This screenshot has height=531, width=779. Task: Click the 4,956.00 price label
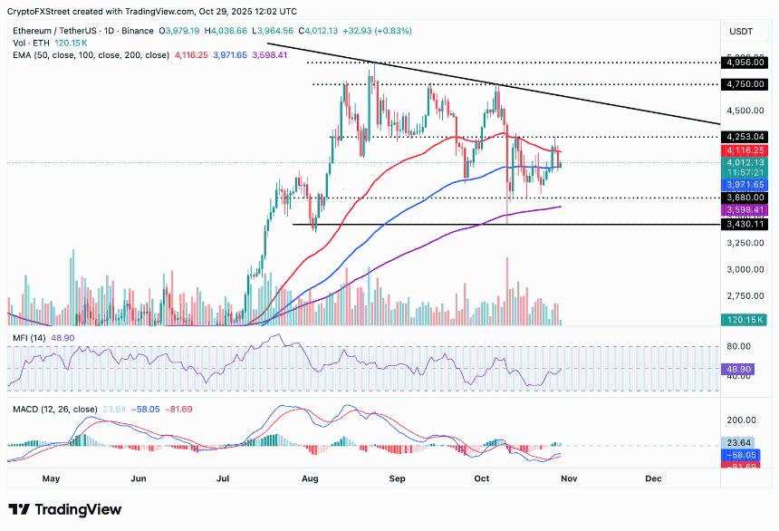pyautogui.click(x=746, y=63)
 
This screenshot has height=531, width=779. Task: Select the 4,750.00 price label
pyautogui.click(x=746, y=84)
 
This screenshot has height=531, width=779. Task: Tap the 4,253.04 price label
pyautogui.click(x=746, y=137)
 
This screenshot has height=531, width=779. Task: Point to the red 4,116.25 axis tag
pyautogui.click(x=746, y=150)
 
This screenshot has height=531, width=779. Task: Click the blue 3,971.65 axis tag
pyautogui.click(x=746, y=184)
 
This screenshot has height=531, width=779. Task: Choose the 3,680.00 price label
pyautogui.click(x=746, y=197)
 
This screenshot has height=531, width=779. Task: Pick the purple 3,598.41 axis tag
pyautogui.click(x=746, y=208)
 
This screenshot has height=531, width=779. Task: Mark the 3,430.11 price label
pyautogui.click(x=746, y=224)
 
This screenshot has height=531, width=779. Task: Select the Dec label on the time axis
pyautogui.click(x=654, y=478)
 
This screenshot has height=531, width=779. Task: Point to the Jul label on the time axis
pyautogui.click(x=222, y=478)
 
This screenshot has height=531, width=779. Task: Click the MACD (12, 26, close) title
pyautogui.click(x=55, y=410)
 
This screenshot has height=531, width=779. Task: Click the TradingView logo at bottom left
pyautogui.click(x=65, y=511)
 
